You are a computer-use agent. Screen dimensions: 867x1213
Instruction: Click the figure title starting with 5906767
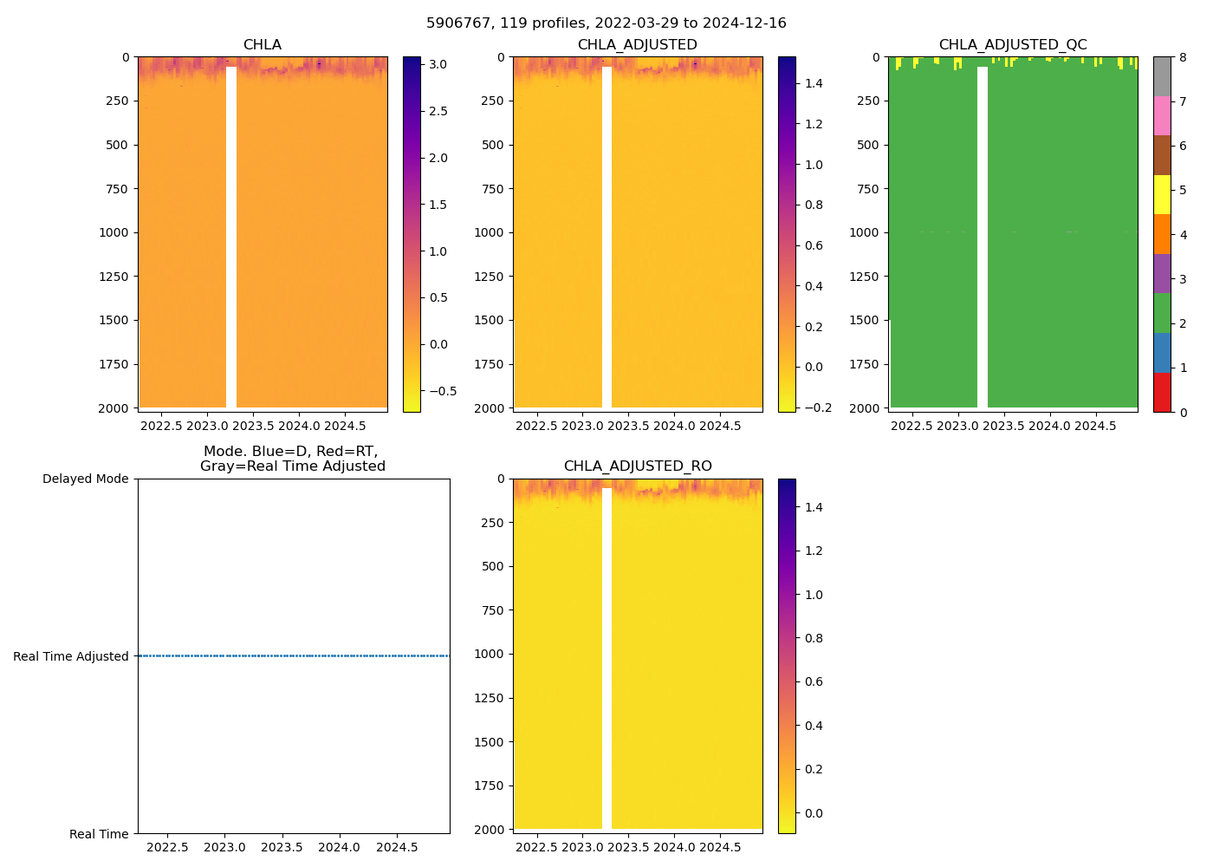coord(606,23)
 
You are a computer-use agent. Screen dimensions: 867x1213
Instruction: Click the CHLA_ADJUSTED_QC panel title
coord(1012,45)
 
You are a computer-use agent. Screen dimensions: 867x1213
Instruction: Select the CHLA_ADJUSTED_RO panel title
coord(638,466)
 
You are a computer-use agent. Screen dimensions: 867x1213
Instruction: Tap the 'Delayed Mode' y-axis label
coord(85,479)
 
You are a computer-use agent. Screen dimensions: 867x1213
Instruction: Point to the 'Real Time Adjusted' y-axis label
coord(70,656)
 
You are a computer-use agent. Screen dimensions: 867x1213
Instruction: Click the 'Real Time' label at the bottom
coord(99,834)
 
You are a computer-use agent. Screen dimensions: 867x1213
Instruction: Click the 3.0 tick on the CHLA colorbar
coord(438,64)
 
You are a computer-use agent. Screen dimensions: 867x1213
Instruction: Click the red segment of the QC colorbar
coord(1161,392)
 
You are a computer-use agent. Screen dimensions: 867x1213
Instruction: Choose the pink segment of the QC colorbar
coord(1161,115)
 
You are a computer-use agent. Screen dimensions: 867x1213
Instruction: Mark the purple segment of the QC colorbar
coord(1161,273)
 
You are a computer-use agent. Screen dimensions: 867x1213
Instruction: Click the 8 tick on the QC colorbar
coord(1183,57)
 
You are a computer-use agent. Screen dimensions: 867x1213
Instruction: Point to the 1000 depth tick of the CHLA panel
coord(114,232)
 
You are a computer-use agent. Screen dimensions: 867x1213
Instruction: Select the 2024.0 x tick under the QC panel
coord(1049,426)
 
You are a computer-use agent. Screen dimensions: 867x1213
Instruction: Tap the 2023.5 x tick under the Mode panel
coord(282,847)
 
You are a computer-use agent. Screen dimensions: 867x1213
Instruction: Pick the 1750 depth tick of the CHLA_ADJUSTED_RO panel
coord(489,786)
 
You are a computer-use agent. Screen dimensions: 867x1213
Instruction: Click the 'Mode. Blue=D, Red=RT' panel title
coord(293,459)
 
